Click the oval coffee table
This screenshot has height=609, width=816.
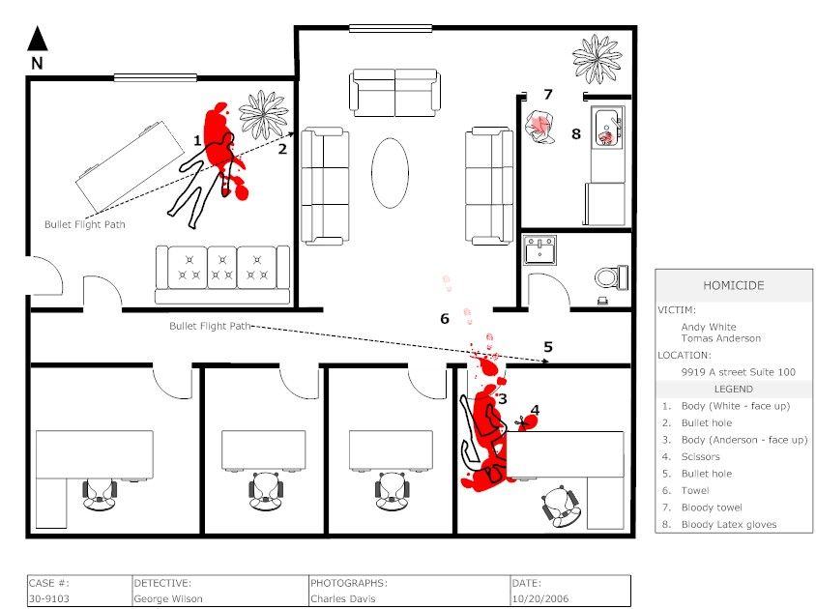[391, 173]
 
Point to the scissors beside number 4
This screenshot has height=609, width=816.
[523, 421]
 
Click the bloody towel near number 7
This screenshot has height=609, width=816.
[539, 127]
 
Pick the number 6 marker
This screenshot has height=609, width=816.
[445, 318]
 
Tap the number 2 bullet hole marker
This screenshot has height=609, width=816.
[282, 149]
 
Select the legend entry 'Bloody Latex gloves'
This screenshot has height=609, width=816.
[729, 525]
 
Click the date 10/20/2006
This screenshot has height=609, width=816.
[537, 598]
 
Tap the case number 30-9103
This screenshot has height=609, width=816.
[47, 598]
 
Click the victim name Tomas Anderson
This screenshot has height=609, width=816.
[720, 338]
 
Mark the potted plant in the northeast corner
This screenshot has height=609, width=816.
[596, 57]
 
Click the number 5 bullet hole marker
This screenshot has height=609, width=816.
[547, 346]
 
